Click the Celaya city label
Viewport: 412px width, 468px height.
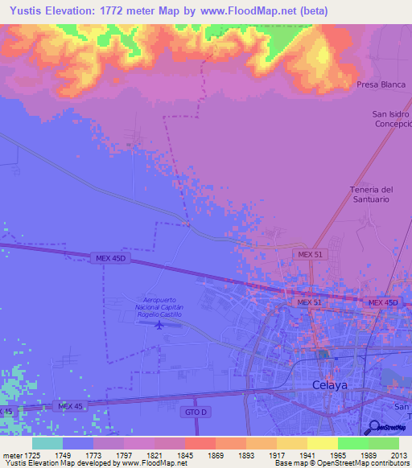[x=329, y=385]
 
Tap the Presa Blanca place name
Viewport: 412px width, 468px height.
[x=381, y=84]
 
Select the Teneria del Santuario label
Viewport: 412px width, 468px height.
[x=371, y=195]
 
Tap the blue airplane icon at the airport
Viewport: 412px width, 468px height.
[x=158, y=325]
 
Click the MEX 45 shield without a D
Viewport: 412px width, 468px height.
[x=70, y=406]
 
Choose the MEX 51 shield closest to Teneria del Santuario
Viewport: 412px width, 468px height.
[x=310, y=254]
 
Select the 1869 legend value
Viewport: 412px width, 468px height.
[x=216, y=454]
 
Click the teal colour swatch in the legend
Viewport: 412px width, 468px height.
[x=47, y=443]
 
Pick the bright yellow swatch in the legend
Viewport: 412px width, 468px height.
[x=323, y=443]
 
